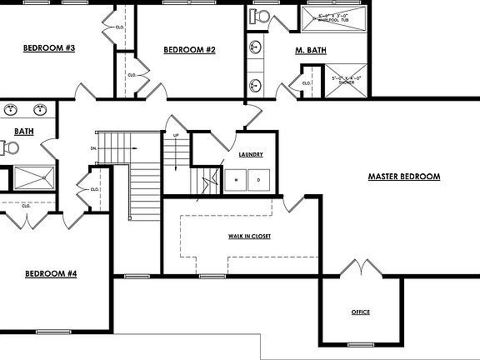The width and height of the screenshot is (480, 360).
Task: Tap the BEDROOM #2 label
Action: [189, 50]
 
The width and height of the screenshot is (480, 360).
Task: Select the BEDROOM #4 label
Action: [51, 273]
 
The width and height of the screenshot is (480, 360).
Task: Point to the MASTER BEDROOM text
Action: [404, 177]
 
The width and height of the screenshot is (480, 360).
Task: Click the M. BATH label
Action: [311, 51]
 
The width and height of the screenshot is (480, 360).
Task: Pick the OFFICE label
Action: [360, 312]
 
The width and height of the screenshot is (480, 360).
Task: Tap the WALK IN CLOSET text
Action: [250, 237]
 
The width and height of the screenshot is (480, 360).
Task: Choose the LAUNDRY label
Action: [251, 154]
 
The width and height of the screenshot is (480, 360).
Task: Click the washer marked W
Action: [236, 180]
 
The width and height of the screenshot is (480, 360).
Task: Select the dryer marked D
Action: [258, 180]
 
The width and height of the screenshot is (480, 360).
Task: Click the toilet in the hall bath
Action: [9, 147]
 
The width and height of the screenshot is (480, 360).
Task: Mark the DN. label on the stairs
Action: [93, 148]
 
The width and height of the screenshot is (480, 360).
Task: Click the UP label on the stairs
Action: [175, 135]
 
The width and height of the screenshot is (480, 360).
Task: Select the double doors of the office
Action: [360, 268]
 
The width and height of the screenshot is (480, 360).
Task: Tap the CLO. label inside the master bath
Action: [306, 83]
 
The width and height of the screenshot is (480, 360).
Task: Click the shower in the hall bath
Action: [34, 177]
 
